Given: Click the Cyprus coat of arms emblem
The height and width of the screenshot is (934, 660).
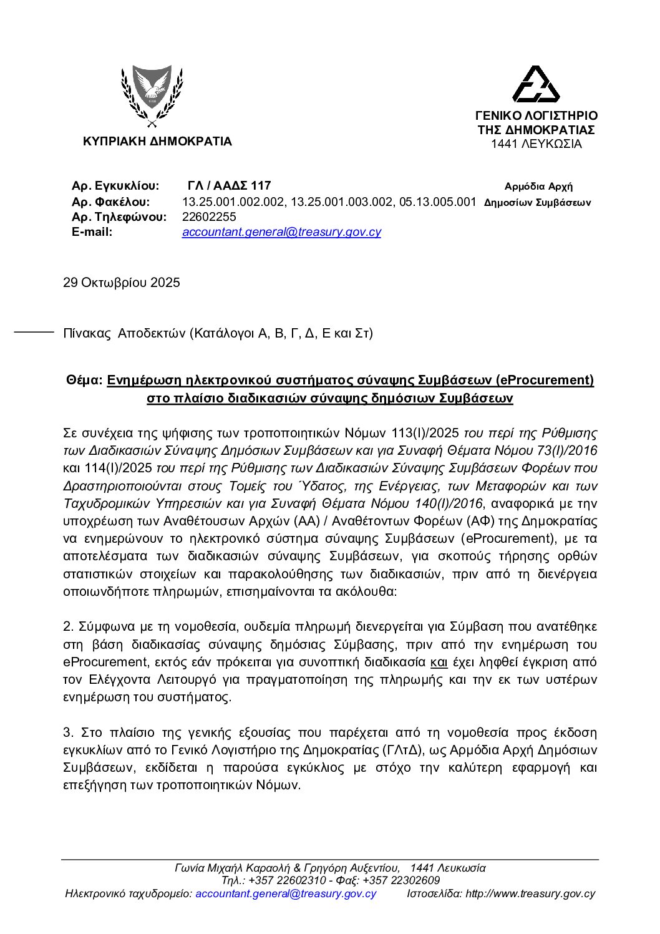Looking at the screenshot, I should point(151,97).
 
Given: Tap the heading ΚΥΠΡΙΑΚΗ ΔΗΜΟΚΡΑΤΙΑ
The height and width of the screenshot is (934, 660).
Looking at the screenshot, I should point(157,142).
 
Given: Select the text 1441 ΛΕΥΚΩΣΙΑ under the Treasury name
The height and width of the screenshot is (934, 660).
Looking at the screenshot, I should point(536,144).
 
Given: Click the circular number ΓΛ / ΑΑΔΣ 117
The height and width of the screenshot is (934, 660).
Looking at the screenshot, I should point(229,186).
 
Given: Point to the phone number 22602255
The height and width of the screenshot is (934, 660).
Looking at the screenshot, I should point(209,217).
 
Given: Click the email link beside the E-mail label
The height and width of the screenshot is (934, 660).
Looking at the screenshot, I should point(281,232).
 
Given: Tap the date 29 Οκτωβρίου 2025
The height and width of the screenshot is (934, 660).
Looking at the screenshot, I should point(122,283).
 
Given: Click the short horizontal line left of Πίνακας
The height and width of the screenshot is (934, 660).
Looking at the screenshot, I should point(34,333).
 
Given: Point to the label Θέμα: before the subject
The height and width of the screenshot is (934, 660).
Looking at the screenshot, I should point(84,380).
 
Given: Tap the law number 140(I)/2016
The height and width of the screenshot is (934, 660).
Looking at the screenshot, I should point(449,503).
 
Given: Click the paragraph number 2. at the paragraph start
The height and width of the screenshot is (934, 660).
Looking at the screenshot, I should point(69,626).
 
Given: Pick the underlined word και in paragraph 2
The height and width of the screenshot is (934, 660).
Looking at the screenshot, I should point(439,661).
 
